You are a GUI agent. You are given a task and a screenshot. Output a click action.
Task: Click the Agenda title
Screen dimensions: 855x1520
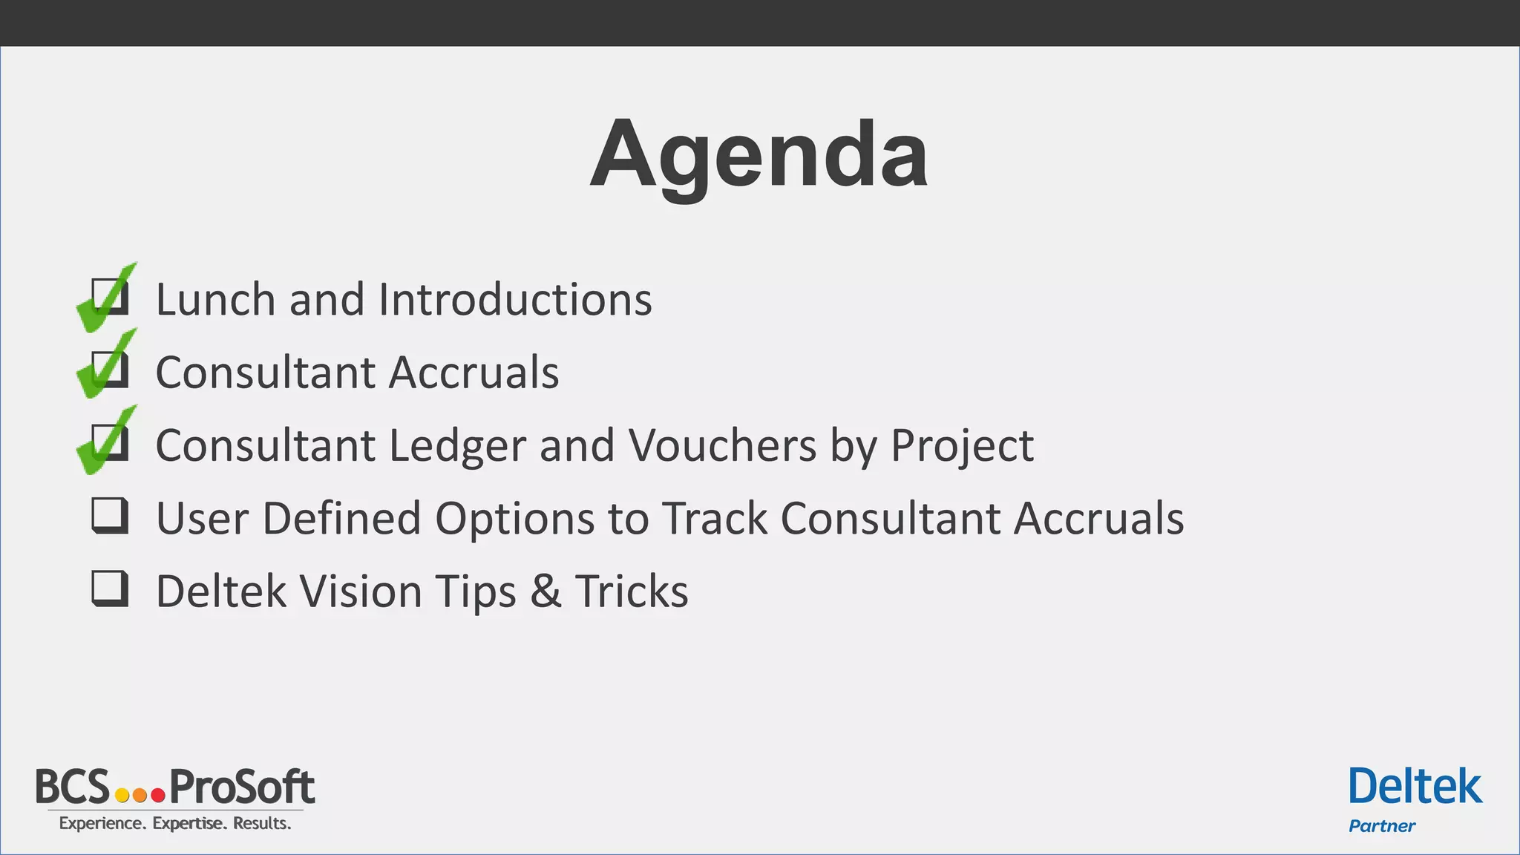click(x=759, y=156)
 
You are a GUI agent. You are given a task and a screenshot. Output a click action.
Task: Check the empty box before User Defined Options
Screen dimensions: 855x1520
click(x=110, y=515)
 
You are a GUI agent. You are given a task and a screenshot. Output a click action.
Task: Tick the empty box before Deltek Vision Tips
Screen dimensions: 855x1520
click(x=110, y=589)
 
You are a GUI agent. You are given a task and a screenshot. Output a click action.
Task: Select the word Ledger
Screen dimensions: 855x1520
click(x=456, y=446)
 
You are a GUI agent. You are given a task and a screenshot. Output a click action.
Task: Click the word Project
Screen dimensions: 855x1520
click(x=961, y=446)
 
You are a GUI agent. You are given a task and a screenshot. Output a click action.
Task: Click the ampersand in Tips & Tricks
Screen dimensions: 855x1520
click(x=546, y=592)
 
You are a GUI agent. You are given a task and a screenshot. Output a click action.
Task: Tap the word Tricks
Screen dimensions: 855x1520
click(x=632, y=592)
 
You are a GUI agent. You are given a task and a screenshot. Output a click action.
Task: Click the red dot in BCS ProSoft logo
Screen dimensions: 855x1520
click(x=157, y=796)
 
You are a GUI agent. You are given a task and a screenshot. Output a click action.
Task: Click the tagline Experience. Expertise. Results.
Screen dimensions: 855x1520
click(x=175, y=823)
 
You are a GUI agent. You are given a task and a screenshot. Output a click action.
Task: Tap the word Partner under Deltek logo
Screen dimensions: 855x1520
click(x=1381, y=826)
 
